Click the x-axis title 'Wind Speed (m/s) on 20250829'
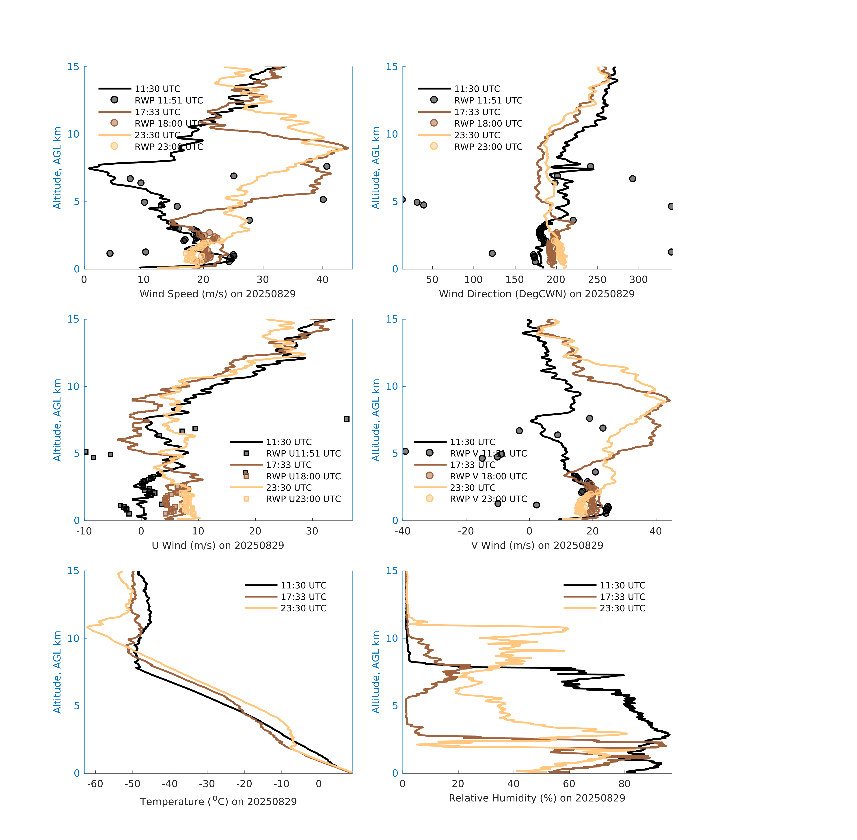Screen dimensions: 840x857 [218, 294]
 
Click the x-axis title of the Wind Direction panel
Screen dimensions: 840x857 [537, 294]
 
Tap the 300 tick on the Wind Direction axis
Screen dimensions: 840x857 [638, 280]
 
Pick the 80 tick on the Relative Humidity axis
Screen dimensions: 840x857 [624, 784]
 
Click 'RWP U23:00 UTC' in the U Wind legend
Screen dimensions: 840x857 [303, 499]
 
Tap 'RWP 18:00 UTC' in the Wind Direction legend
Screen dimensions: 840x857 [488, 123]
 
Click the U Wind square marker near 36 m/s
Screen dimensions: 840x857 [347, 419]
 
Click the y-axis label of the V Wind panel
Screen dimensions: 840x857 [376, 420]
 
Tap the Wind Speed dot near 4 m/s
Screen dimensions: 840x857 [110, 253]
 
